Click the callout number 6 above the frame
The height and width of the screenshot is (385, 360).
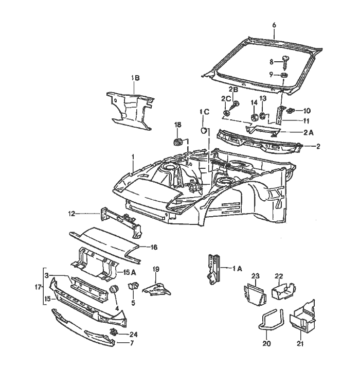click(x=274, y=25)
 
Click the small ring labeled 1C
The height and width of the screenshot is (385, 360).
click(x=204, y=130)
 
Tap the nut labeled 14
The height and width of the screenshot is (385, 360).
click(x=254, y=118)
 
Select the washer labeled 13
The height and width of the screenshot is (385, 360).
click(x=263, y=116)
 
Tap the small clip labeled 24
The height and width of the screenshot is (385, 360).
click(x=114, y=332)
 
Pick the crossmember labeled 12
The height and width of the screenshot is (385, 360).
click(x=122, y=220)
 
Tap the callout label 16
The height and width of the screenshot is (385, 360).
click(x=153, y=247)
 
